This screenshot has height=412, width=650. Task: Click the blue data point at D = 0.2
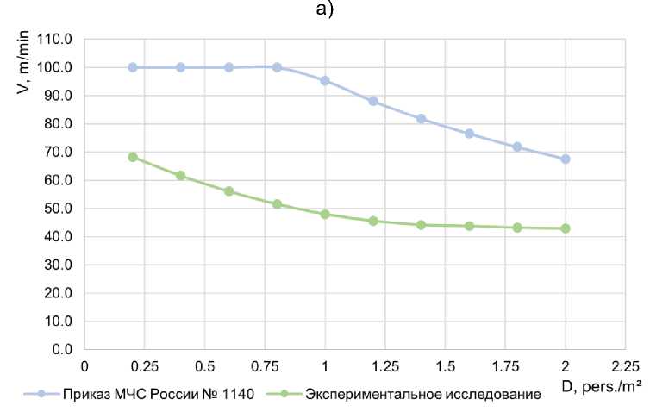133,67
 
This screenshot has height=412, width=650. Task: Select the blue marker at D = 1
325,80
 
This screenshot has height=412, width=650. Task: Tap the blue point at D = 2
566,159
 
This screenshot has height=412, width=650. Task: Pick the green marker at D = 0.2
133,157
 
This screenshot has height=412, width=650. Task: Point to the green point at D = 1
325,214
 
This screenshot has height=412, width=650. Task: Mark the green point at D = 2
566,228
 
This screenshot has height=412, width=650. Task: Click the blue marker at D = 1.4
422,119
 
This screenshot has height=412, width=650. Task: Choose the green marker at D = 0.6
228,191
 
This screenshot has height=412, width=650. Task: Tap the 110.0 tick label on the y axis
59,39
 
